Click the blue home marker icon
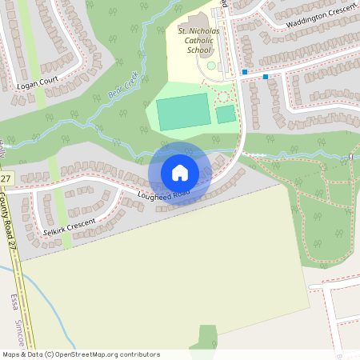coord(179,173)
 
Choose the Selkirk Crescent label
coord(70,226)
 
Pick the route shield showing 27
coord(6,178)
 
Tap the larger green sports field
coord(182,111)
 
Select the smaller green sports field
coord(226,114)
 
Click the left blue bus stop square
coord(245,72)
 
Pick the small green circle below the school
coord(211,66)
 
